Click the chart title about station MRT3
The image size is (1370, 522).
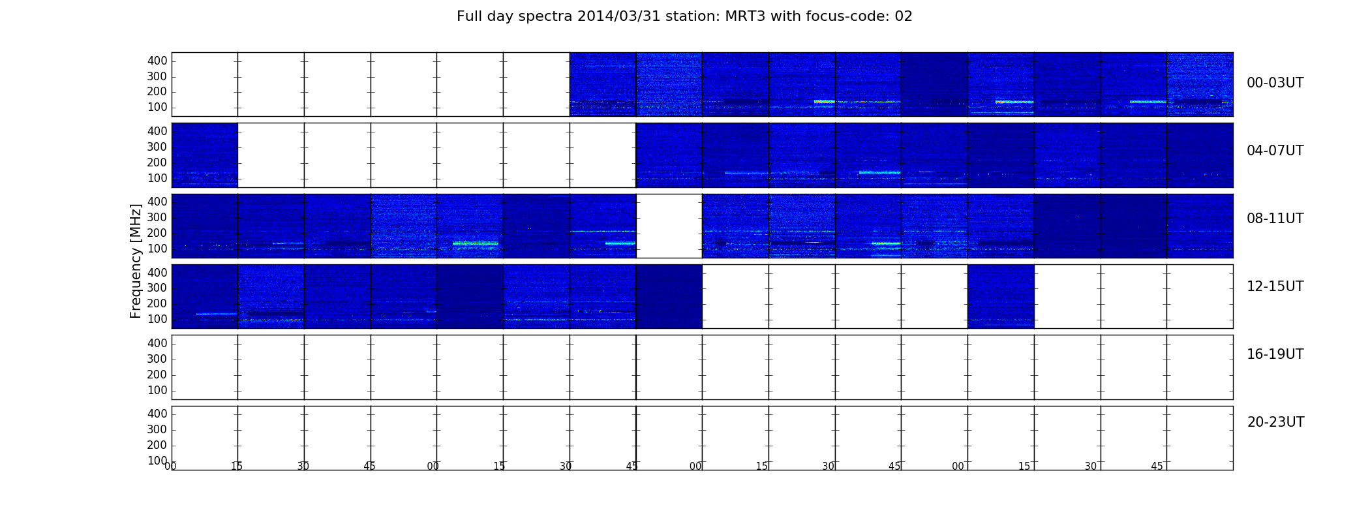684,16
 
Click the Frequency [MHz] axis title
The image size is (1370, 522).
136,261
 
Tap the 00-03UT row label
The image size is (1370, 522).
1275,83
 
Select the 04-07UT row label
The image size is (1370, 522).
1275,151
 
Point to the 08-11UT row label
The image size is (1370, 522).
1275,219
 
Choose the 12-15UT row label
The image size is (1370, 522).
1275,286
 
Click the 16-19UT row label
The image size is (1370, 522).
1275,354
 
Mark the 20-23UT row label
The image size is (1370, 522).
1275,422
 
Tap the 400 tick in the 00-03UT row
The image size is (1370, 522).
157,61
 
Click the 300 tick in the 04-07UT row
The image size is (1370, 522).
157,147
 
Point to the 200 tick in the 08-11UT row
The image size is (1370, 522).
157,233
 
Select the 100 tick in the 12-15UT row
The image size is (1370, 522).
157,319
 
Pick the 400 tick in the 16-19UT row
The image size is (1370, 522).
157,343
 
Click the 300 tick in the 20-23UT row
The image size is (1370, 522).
157,429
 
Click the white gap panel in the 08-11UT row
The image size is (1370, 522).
669,226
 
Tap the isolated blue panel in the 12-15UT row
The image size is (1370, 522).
1001,296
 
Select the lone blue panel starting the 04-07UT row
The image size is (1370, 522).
204,155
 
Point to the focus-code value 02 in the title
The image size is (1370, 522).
904,16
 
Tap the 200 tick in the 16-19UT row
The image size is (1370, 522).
157,375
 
